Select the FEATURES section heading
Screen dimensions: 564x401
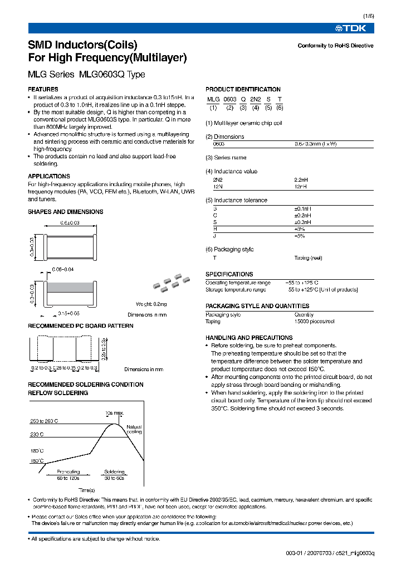click(x=43, y=89)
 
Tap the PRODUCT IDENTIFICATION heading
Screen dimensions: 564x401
click(x=243, y=89)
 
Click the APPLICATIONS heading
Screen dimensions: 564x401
click(x=49, y=176)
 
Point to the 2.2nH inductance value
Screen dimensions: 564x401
click(x=302, y=180)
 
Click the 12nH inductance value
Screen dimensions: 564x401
click(x=301, y=186)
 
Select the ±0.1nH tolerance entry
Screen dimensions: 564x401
click(x=302, y=208)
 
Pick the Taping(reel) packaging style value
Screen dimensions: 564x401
click(x=308, y=258)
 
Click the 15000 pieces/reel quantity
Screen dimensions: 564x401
click(x=314, y=322)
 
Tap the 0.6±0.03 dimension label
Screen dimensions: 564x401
click(x=70, y=223)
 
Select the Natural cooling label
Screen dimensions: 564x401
click(x=134, y=429)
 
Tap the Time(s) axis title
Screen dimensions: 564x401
click(x=87, y=489)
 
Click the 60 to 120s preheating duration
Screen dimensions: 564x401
click(x=69, y=478)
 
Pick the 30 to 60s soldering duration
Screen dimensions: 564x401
click(x=114, y=478)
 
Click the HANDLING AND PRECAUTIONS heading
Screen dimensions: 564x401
click(x=249, y=338)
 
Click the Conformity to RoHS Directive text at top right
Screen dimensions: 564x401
click(x=335, y=46)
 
